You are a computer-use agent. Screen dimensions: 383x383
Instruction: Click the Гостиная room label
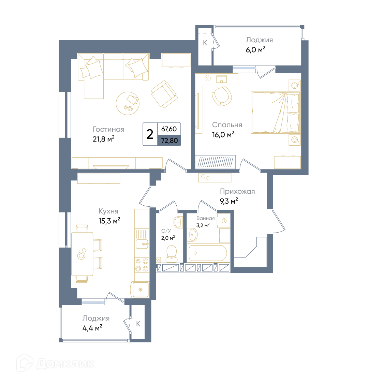pyautogui.click(x=108, y=129)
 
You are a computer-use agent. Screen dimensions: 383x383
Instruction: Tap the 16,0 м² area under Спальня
pyautogui.click(x=223, y=134)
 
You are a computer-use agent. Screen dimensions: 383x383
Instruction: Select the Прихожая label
pyautogui.click(x=237, y=191)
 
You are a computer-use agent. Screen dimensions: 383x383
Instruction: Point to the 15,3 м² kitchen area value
pyautogui.click(x=109, y=221)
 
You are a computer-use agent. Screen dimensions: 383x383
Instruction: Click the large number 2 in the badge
pyautogui.click(x=150, y=134)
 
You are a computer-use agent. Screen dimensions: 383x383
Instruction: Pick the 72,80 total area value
pyautogui.click(x=170, y=141)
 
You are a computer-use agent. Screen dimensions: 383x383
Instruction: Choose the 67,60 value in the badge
pyautogui.click(x=169, y=129)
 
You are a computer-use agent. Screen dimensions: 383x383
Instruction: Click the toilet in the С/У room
pyautogui.click(x=172, y=254)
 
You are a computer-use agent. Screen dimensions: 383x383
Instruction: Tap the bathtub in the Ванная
pyautogui.click(x=208, y=253)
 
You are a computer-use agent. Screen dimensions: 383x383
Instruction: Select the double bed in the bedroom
pyautogui.click(x=276, y=113)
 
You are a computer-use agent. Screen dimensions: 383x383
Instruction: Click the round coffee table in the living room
pyautogui.click(x=128, y=103)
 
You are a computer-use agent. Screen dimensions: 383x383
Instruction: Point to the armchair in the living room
pyautogui.click(x=164, y=94)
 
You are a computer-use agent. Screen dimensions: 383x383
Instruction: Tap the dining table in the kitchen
pyautogui.click(x=82, y=254)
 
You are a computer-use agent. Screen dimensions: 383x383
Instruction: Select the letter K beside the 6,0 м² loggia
pyautogui.click(x=205, y=43)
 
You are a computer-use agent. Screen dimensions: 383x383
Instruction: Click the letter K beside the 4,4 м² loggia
pyautogui.click(x=138, y=324)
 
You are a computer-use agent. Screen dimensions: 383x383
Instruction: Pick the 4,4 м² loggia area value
pyautogui.click(x=92, y=328)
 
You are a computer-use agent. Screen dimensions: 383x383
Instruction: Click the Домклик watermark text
pyautogui.click(x=65, y=364)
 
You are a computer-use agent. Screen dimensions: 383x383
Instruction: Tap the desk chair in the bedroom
pyautogui.click(x=222, y=96)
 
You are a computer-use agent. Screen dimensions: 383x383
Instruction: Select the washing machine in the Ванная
pyautogui.click(x=224, y=221)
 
